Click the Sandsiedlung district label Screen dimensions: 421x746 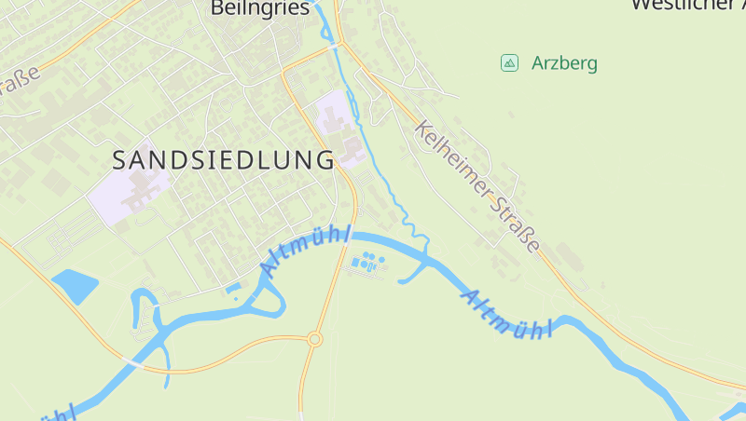[x=223, y=159]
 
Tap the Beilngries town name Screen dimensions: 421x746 [x=259, y=8]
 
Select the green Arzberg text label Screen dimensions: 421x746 [x=564, y=63]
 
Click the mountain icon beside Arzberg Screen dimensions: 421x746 [x=509, y=62]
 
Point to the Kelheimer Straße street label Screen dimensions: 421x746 [x=477, y=186]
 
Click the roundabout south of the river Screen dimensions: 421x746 [x=314, y=339]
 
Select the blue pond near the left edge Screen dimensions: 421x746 [x=75, y=285]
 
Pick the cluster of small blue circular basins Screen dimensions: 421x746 [x=367, y=262]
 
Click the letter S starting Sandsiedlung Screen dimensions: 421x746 [x=119, y=159]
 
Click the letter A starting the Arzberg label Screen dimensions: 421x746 [x=537, y=63]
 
